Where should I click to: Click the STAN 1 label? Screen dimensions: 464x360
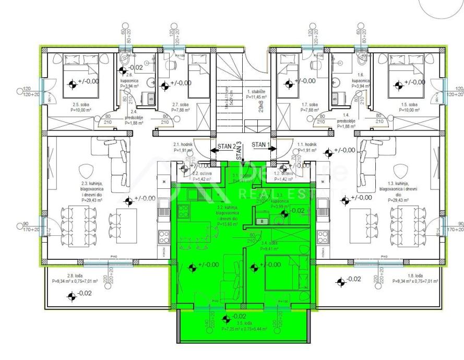[x=260, y=143]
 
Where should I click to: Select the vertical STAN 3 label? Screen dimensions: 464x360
[x=239, y=151]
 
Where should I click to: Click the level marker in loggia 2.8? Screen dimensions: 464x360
[x=71, y=296]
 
